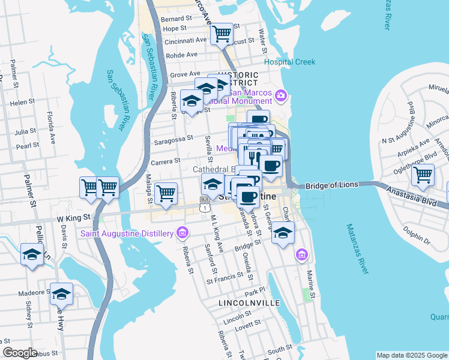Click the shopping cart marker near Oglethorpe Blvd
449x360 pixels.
pos(423,175)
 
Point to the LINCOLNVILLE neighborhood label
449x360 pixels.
pos(249,303)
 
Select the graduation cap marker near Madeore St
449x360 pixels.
pos(61,294)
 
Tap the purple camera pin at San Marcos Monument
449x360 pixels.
pos(280,95)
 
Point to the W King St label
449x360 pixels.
pos(73,218)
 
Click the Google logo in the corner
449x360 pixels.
pos(20,353)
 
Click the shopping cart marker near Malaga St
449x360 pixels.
pos(166,193)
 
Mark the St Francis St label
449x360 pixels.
pos(224,277)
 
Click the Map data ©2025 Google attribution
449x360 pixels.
pos(412,355)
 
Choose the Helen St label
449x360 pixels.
pos(23,103)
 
